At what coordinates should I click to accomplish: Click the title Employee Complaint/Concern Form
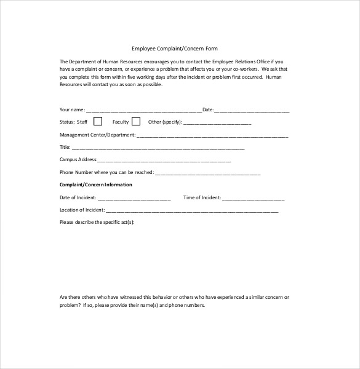tap(175, 48)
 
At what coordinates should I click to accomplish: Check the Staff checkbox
tap(98, 121)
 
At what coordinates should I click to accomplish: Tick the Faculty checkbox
tap(136, 121)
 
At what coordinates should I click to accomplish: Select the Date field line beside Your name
tap(252, 111)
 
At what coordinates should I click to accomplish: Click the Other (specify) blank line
tap(217, 123)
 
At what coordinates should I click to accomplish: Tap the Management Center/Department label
tap(97, 135)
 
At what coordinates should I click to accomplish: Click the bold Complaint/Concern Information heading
tap(95, 184)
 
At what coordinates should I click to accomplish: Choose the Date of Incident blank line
tap(134, 199)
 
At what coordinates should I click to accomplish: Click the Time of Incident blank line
tap(253, 199)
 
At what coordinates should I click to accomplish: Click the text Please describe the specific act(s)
tap(97, 222)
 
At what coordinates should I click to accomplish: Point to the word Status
tap(66, 122)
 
